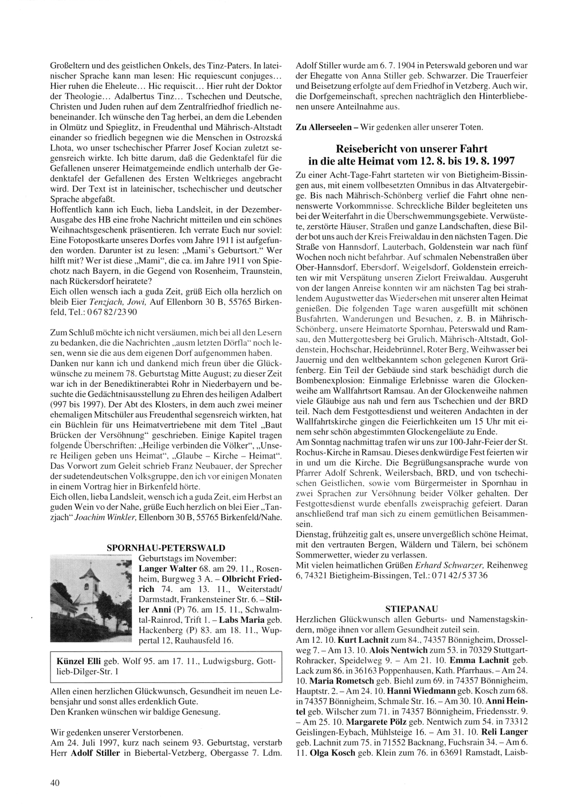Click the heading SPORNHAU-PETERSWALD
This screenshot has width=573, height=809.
click(x=166, y=548)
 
